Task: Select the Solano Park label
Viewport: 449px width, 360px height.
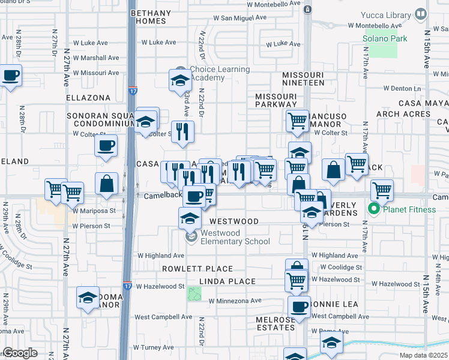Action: coord(385,39)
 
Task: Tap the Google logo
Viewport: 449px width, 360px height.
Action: coord(20,353)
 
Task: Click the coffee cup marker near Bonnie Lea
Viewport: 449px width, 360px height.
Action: coord(299,307)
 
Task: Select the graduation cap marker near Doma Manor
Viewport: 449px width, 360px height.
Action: coord(87,297)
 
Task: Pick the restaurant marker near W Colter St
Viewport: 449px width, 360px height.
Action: coord(182,131)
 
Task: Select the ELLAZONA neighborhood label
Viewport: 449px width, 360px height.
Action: coord(88,98)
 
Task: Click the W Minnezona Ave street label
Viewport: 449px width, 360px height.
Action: coord(235,301)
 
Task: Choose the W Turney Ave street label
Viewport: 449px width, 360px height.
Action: coord(153,347)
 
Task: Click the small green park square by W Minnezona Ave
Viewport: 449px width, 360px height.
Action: coord(194,294)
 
